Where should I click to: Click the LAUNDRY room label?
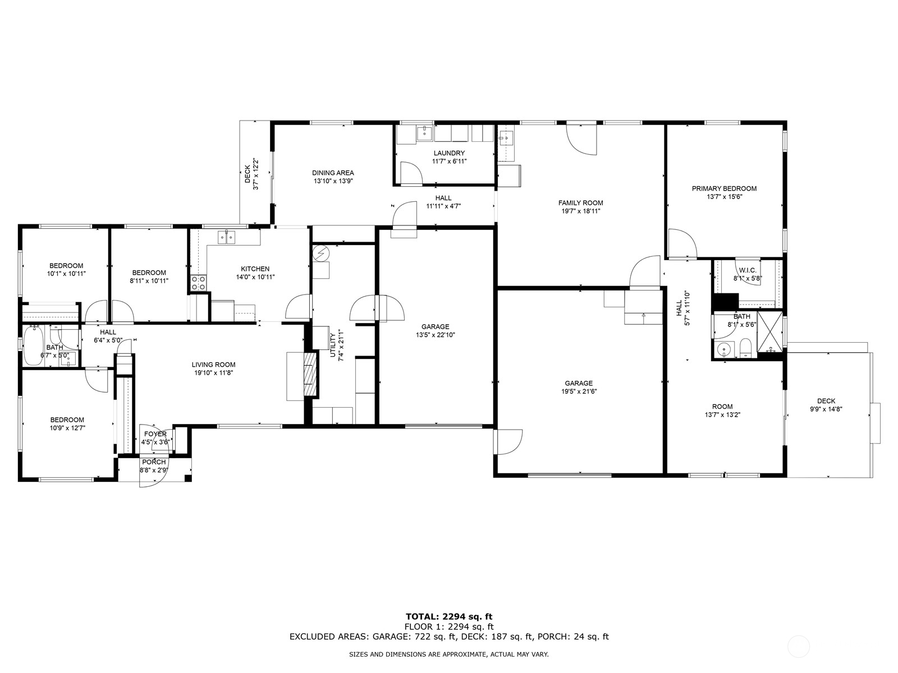click(449, 153)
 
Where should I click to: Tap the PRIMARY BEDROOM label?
click(724, 188)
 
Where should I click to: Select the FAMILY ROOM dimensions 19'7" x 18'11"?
click(580, 211)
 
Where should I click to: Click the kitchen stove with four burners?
click(198, 283)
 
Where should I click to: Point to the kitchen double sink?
click(227, 237)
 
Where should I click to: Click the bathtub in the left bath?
click(33, 345)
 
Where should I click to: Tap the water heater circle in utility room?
click(322, 253)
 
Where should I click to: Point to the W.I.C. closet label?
click(748, 270)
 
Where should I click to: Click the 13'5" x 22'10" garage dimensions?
click(435, 335)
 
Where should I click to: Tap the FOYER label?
click(155, 434)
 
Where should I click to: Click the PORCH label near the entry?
click(153, 462)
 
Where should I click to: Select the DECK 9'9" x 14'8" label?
click(826, 405)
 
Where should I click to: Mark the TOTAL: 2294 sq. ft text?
click(449, 616)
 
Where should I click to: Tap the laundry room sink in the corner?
click(424, 133)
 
